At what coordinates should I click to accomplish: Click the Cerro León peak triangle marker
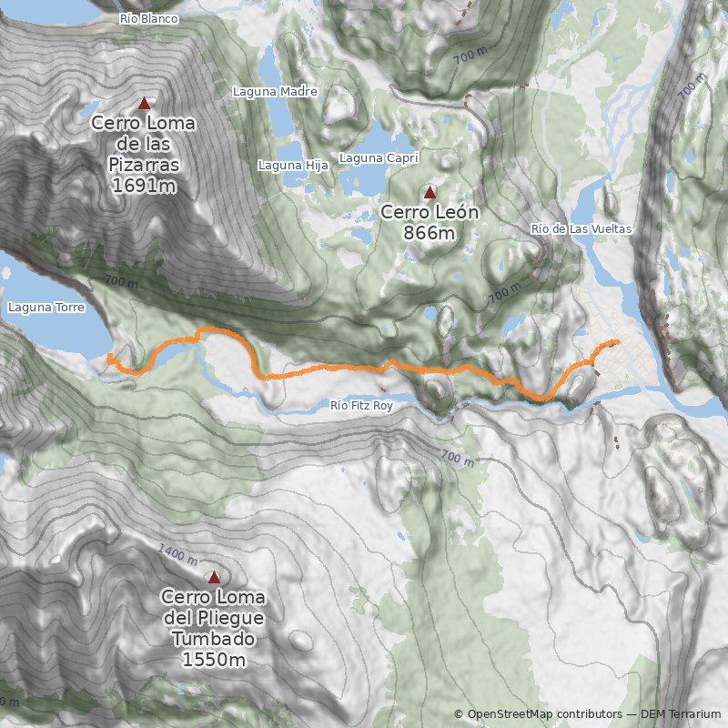[x=430, y=192]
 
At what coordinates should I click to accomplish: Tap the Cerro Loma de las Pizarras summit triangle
[x=144, y=104]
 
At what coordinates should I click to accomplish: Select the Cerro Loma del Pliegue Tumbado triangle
[x=214, y=577]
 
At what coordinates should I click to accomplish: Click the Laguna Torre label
[x=46, y=308]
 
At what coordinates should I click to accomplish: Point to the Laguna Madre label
[x=275, y=92]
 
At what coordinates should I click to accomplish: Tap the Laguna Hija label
[x=292, y=166]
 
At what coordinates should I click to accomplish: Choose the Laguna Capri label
[x=379, y=158]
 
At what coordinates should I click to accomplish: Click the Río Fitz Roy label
[x=361, y=406]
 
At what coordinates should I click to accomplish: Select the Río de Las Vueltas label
[x=581, y=229]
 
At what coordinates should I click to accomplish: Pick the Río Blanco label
[x=149, y=18]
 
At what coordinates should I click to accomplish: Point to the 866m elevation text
[x=430, y=233]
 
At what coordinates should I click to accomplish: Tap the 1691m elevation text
[x=144, y=186]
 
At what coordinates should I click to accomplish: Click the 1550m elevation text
[x=214, y=660]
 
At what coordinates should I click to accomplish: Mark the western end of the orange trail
[x=109, y=356]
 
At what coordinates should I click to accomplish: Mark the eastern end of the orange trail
[x=619, y=342]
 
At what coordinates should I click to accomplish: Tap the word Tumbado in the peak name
[x=214, y=639]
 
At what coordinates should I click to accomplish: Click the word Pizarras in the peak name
[x=144, y=165]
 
